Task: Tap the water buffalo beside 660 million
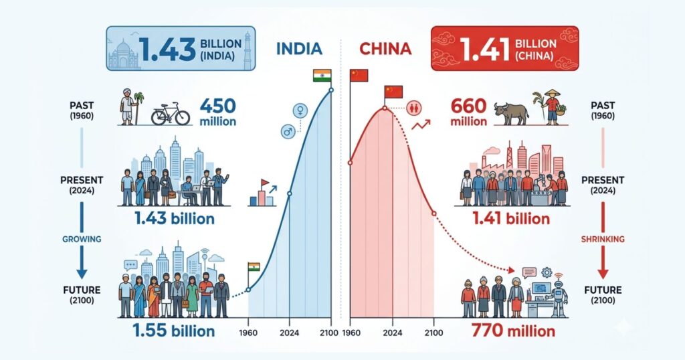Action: coord(511,112)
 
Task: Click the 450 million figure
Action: coord(218,112)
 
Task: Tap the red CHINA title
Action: coord(385,49)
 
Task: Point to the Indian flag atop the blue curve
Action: coord(322,76)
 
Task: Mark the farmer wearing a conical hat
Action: coord(552,106)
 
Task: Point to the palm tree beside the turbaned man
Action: coord(139,107)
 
